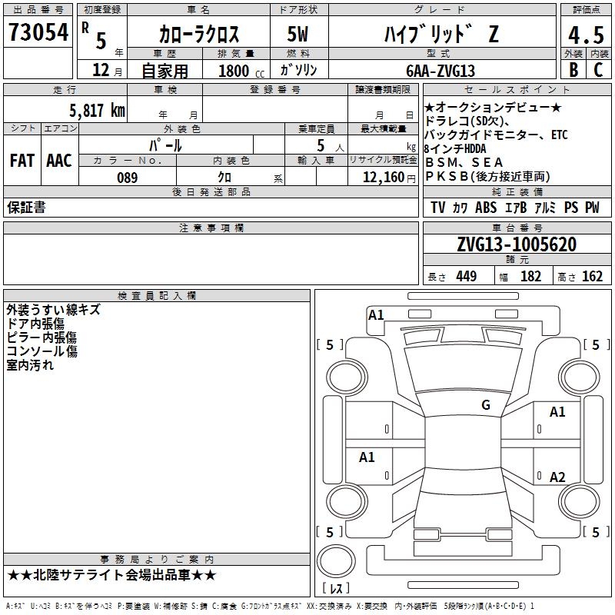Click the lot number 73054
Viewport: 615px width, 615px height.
point(38,33)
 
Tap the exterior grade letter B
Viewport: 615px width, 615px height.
point(573,69)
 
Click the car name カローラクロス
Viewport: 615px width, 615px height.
point(199,34)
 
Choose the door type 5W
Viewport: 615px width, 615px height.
point(298,34)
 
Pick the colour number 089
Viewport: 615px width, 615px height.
point(128,178)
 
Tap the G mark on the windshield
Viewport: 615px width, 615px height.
point(485,405)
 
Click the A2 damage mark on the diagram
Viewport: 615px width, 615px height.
point(557,477)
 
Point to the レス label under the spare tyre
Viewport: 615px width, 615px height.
point(337,589)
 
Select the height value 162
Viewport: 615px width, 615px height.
point(591,276)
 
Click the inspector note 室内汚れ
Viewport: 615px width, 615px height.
point(30,365)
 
